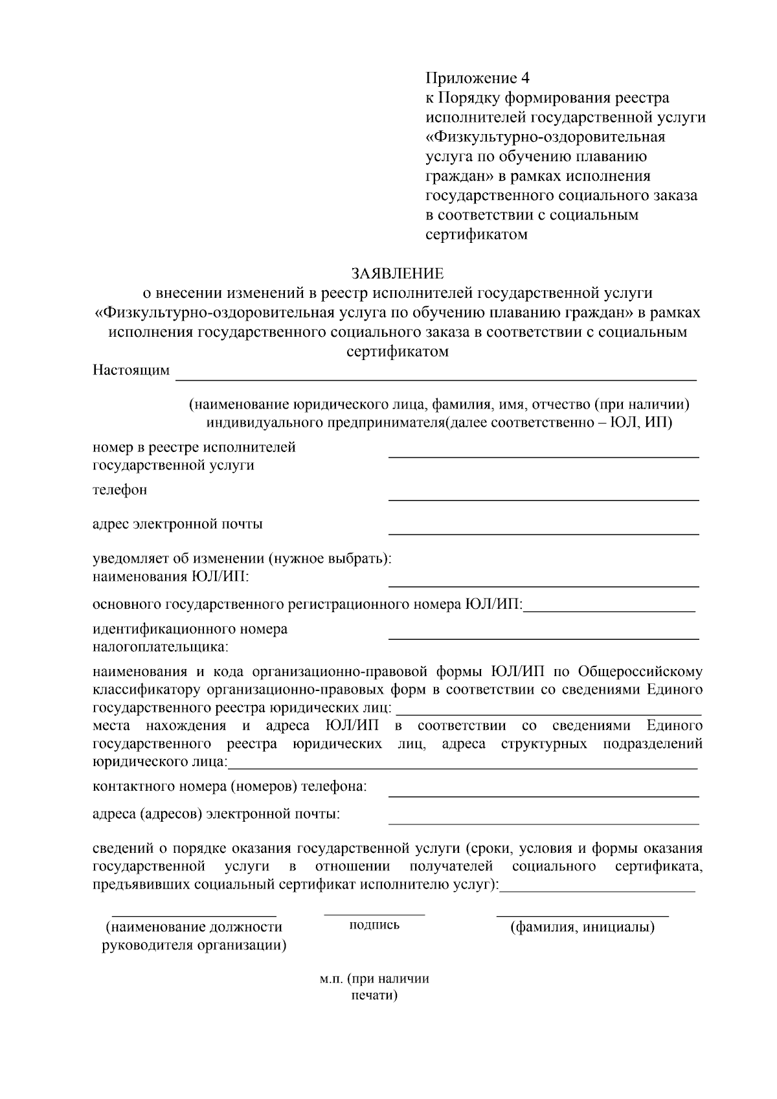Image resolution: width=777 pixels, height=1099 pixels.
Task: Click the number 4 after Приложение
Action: click(524, 78)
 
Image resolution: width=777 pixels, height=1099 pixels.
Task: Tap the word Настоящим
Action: click(131, 370)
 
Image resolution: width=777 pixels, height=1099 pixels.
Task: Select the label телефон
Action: click(120, 490)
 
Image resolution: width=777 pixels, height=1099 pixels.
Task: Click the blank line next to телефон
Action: click(543, 499)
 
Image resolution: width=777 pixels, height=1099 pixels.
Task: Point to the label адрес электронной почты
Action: click(177, 524)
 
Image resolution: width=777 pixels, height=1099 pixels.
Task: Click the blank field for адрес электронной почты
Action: click(543, 534)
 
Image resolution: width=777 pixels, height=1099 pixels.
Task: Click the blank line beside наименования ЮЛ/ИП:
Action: click(543, 586)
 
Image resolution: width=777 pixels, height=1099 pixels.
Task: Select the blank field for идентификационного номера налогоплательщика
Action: click(543, 639)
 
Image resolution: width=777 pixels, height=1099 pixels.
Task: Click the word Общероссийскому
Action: click(640, 671)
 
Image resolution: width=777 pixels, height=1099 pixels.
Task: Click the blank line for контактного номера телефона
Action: click(543, 795)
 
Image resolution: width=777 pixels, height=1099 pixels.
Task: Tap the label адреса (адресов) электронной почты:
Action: click(216, 814)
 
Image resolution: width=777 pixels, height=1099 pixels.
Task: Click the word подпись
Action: click(374, 925)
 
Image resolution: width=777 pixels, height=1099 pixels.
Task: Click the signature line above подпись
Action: click(374, 914)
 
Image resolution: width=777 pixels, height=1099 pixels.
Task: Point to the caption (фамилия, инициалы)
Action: click(582, 927)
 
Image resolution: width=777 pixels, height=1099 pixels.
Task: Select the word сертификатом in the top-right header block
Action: click(476, 234)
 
